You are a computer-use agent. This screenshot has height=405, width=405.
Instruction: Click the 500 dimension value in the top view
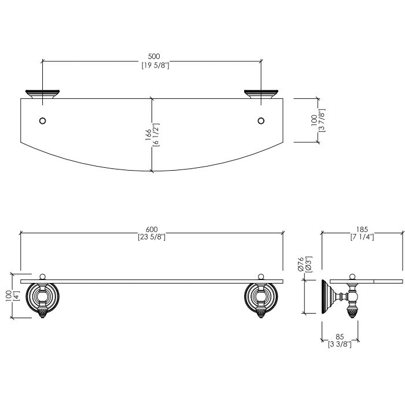pos(154,56)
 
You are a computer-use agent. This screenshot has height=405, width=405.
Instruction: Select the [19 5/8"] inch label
pos(155,65)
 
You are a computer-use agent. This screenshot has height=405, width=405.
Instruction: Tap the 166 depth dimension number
pos(148,135)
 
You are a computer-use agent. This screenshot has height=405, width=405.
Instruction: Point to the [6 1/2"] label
pos(156,135)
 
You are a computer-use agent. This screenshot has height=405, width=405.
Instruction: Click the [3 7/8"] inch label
pos(322,120)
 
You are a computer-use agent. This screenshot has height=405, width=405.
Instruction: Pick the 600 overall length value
pos(152,229)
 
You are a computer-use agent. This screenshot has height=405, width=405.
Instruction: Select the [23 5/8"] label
pos(152,237)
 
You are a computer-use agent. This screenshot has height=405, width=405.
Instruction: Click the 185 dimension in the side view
pos(362,229)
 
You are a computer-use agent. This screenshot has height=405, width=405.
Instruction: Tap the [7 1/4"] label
pos(362,237)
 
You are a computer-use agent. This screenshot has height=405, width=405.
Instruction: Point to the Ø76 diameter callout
pos(300,264)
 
